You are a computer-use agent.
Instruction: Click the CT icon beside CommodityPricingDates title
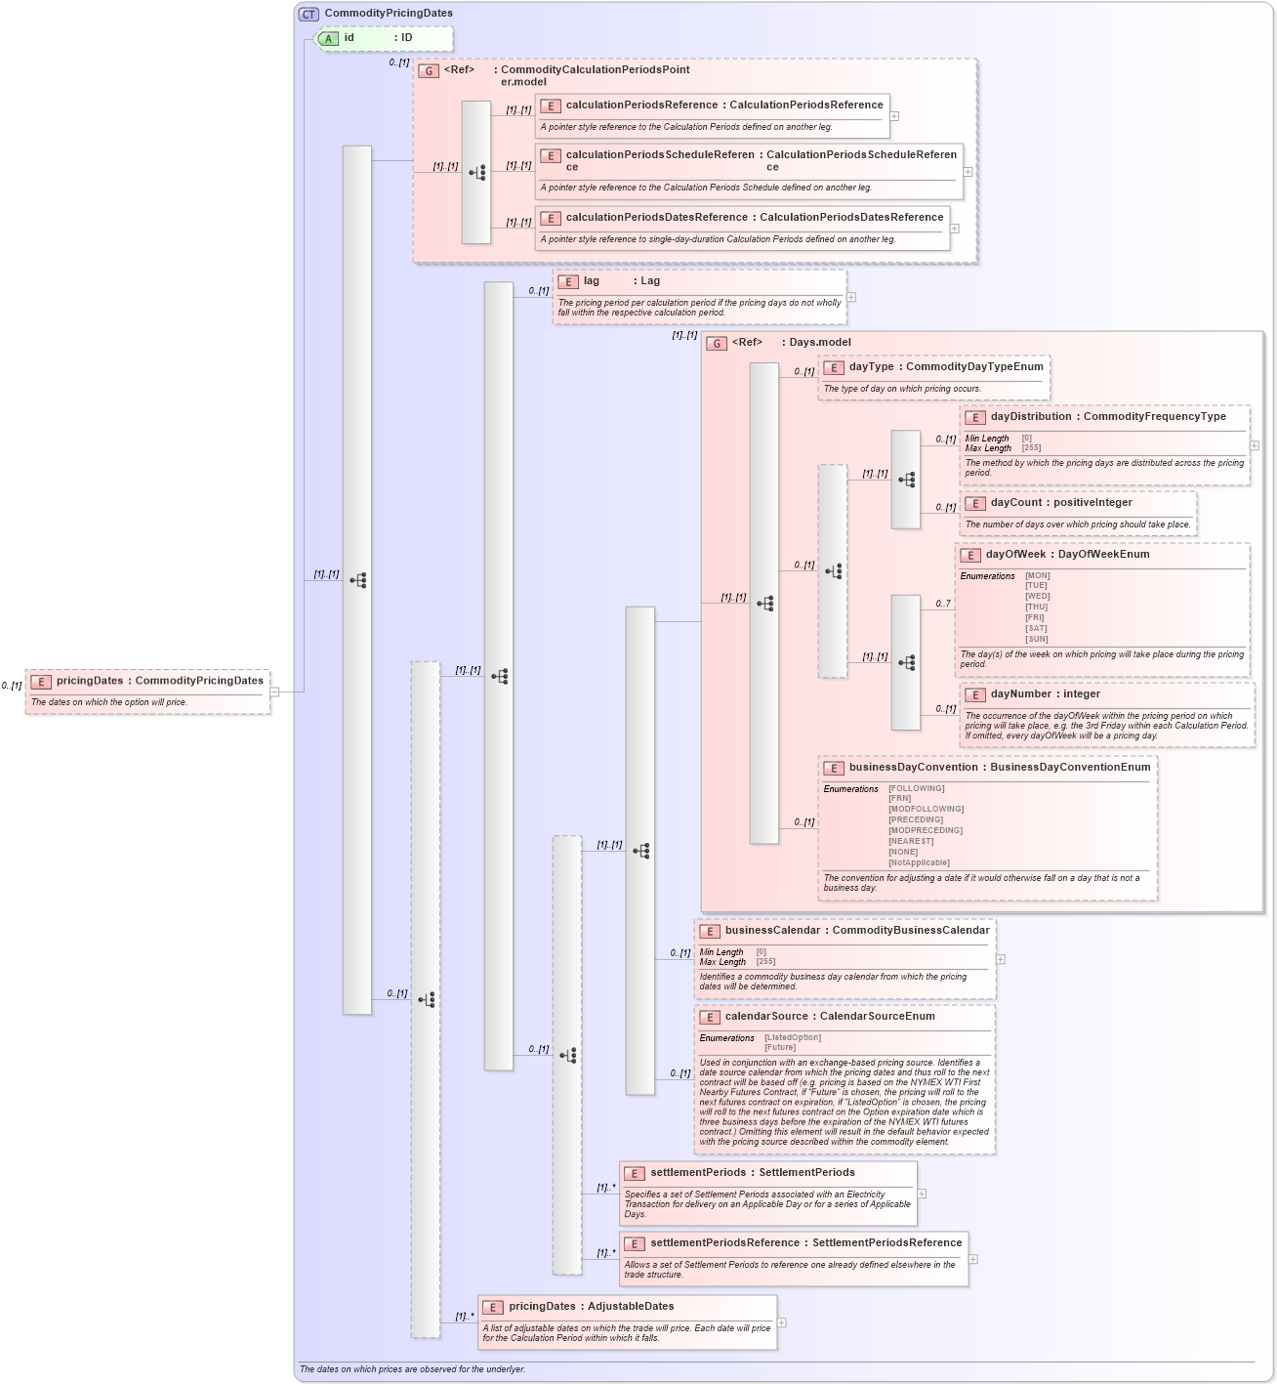(309, 14)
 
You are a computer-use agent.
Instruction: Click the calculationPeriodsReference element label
(641, 105)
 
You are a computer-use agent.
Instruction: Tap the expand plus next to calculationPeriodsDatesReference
(955, 229)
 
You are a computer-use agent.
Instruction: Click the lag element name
(592, 281)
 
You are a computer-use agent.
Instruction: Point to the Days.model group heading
(819, 343)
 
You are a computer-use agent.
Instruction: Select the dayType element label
(871, 367)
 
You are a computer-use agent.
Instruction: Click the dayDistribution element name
(1031, 417)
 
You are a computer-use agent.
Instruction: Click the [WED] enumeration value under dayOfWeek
(1037, 596)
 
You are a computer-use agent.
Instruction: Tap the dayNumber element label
(1016, 694)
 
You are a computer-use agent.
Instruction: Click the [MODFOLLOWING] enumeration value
(926, 809)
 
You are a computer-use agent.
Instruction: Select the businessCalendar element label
(772, 931)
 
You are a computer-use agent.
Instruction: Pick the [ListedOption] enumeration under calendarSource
(793, 1037)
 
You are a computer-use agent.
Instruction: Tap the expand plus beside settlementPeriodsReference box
(973, 1259)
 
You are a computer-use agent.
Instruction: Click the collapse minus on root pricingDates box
(274, 692)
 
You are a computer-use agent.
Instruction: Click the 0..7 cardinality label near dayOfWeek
(943, 604)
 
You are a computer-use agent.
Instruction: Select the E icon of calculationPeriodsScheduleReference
(551, 156)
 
